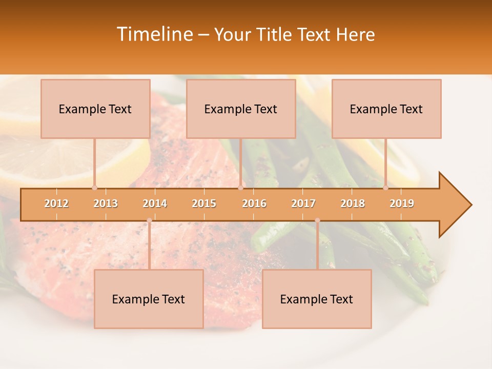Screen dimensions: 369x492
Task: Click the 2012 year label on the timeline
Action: [x=56, y=203]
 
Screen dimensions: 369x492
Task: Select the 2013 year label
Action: [x=106, y=203]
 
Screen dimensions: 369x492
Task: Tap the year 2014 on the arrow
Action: [x=155, y=203]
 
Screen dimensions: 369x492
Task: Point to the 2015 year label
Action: [x=204, y=203]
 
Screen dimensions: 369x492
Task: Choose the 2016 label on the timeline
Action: [x=254, y=203]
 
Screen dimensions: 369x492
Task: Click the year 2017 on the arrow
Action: [x=303, y=203]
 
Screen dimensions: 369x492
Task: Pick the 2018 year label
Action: [x=353, y=203]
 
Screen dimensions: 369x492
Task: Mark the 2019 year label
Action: [x=402, y=203]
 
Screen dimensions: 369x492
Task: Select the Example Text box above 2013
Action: [x=95, y=109]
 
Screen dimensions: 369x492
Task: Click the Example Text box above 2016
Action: [x=241, y=109]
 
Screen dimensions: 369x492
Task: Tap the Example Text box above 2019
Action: [x=386, y=109]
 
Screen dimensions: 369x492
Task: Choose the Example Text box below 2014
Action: [x=149, y=299]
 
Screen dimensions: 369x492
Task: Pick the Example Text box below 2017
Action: [x=317, y=299]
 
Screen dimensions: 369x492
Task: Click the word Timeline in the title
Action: [x=154, y=34]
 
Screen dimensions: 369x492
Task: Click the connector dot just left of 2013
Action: [x=94, y=188]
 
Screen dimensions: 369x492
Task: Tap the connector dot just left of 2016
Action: [x=240, y=188]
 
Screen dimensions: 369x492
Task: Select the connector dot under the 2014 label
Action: [x=149, y=220]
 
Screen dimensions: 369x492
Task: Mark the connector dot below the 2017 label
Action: [x=317, y=220]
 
